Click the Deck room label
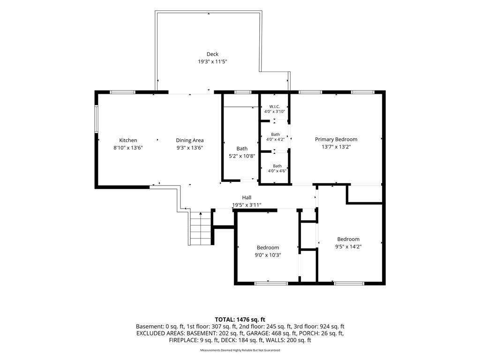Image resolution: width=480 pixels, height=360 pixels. [212, 54]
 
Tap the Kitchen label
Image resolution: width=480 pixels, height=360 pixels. [128, 140]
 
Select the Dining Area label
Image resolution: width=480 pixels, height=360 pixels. [189, 140]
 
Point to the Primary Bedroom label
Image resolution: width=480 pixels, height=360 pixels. [336, 139]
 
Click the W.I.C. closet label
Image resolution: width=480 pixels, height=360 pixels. [275, 106]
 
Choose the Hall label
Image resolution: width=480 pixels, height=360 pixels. [247, 197]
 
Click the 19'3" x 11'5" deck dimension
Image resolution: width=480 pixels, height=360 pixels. [212, 61]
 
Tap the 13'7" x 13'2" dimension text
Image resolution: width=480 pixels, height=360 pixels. [336, 147]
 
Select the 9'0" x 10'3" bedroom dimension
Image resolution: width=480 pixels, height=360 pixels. [268, 255]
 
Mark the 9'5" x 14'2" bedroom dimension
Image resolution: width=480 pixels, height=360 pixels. [348, 247]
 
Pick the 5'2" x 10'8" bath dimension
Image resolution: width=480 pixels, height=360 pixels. [242, 156]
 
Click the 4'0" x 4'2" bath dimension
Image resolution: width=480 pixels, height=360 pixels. [275, 139]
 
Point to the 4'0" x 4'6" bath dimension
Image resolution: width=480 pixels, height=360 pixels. [277, 171]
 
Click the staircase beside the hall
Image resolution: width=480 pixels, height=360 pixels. [201, 228]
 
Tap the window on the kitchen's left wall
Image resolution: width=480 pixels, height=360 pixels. [96, 119]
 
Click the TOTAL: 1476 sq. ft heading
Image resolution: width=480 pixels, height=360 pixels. [240, 320]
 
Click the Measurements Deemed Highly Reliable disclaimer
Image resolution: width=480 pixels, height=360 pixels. [240, 350]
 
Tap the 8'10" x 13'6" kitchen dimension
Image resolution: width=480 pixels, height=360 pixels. [128, 148]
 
